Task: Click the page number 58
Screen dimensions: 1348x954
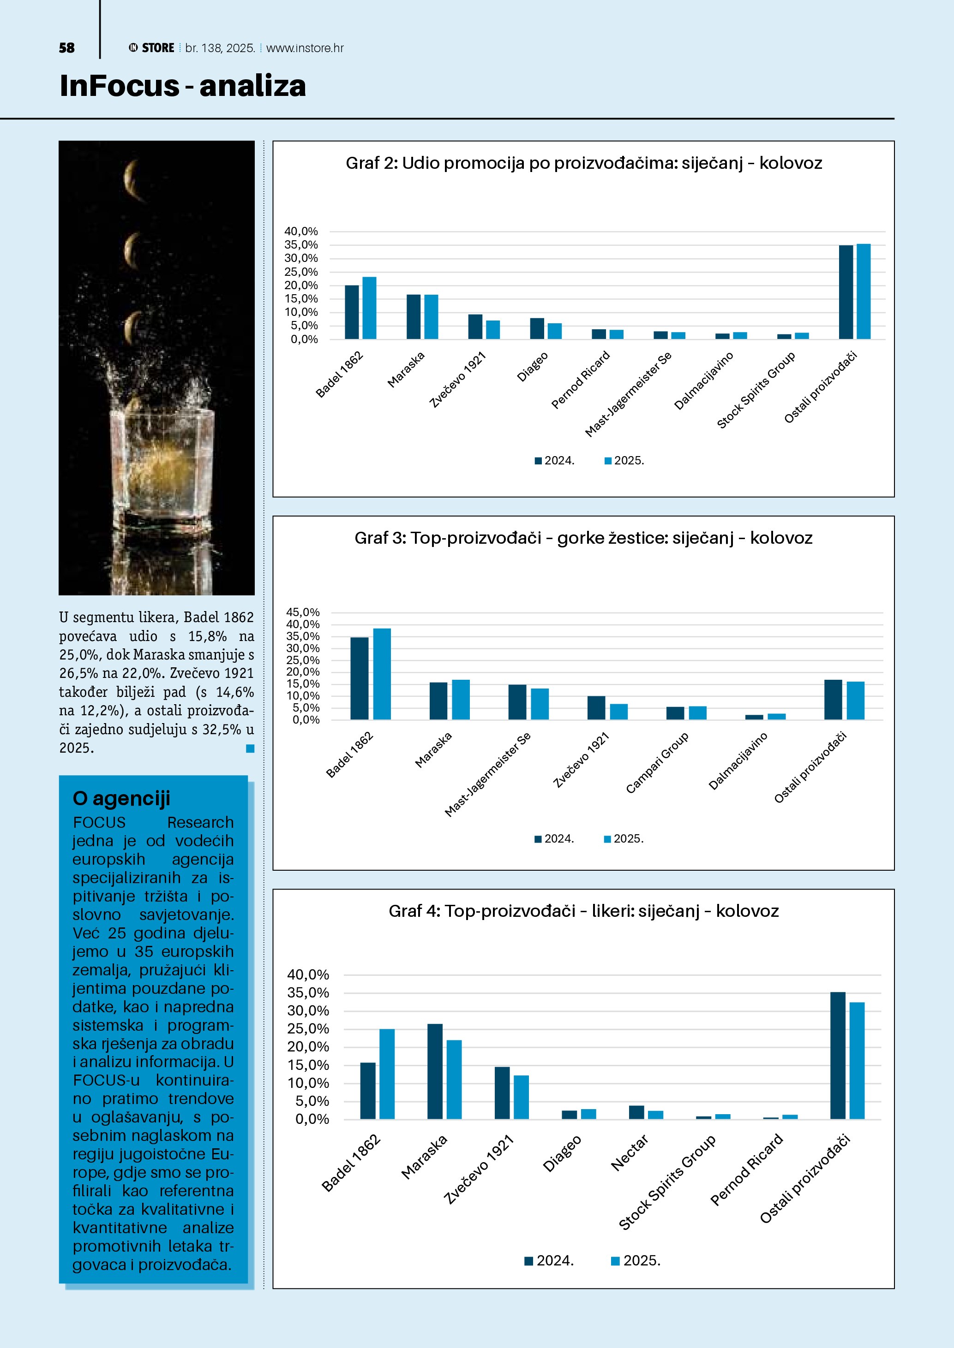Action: pyautogui.click(x=66, y=48)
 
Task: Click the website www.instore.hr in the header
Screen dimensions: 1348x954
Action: pyautogui.click(x=305, y=48)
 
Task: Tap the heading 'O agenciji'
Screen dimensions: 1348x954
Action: pyautogui.click(x=121, y=798)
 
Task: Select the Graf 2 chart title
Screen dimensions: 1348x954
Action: pyautogui.click(x=583, y=163)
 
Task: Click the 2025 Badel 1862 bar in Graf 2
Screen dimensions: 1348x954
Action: pyautogui.click(x=369, y=308)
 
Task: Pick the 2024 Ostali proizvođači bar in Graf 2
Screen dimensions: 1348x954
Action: pyautogui.click(x=846, y=292)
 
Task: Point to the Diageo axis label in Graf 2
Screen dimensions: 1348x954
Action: pyautogui.click(x=532, y=366)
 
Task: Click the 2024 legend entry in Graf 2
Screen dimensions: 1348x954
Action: pyautogui.click(x=555, y=461)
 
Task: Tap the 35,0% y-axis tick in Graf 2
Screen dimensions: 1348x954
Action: pyautogui.click(x=301, y=245)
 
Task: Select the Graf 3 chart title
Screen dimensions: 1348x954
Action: pyautogui.click(x=583, y=538)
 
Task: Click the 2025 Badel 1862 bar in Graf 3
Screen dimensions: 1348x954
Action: pyautogui.click(x=382, y=674)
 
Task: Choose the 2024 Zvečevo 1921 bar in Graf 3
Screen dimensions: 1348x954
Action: pyautogui.click(x=596, y=707)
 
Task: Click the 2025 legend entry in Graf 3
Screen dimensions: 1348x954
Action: pyautogui.click(x=624, y=839)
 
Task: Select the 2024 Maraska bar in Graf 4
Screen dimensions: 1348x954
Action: pyautogui.click(x=435, y=1071)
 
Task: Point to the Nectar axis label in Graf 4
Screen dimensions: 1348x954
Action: pyautogui.click(x=630, y=1152)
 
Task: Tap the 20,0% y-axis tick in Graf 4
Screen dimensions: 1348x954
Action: pyautogui.click(x=308, y=1047)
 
